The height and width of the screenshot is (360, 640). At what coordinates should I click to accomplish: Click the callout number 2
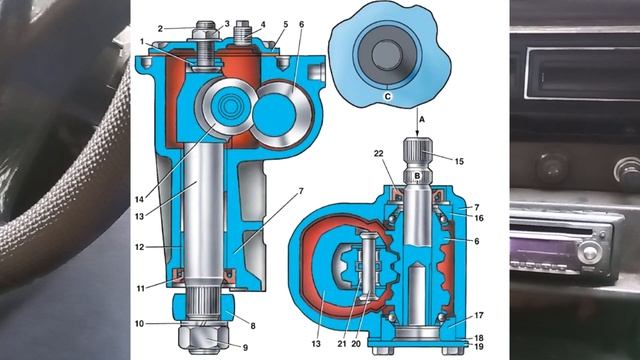[x=160, y=29]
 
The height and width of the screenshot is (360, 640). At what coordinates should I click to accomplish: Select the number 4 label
[x=263, y=24]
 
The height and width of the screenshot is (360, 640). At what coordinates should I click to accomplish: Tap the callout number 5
[x=286, y=24]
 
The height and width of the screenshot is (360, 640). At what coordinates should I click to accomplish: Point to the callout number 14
[x=140, y=199]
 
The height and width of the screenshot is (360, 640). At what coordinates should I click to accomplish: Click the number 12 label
[x=140, y=247]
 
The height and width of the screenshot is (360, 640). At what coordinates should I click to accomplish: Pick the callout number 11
[x=140, y=289]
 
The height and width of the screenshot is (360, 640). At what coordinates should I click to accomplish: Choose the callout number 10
[x=139, y=324]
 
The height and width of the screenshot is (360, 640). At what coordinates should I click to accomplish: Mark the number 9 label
[x=245, y=348]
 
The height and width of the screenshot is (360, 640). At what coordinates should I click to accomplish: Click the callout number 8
[x=253, y=326]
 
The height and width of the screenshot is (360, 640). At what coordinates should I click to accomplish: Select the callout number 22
[x=379, y=153]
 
